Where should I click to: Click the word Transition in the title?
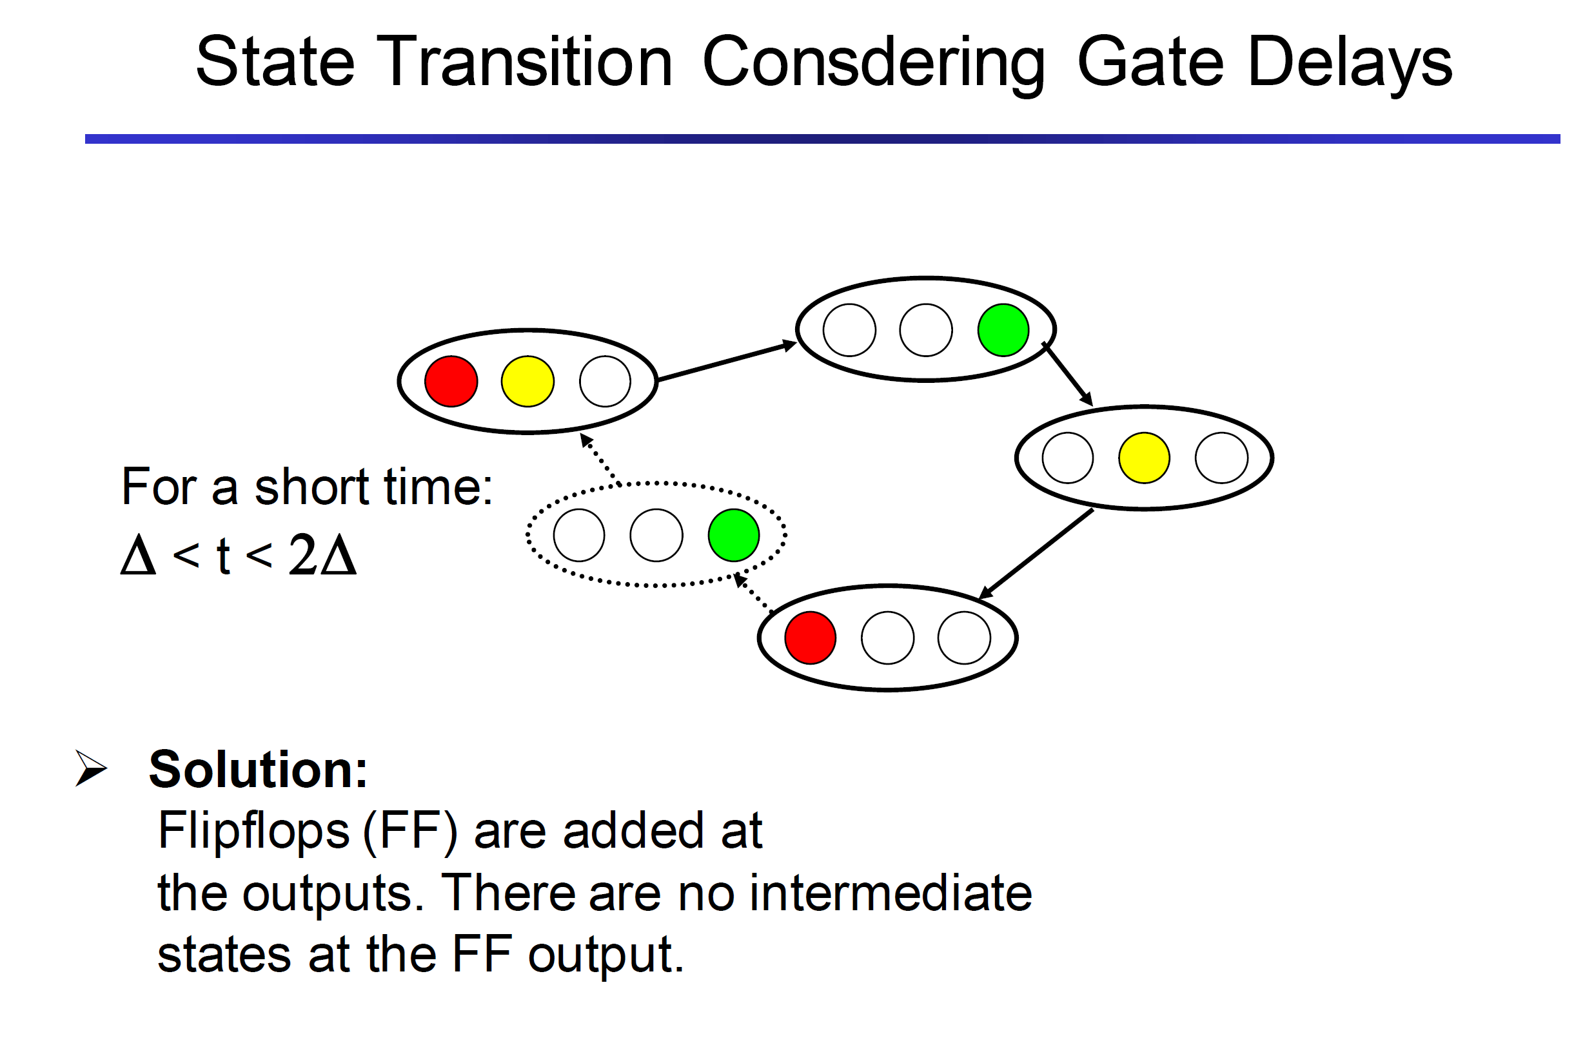tap(528, 63)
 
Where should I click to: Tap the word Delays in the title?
tap(1348, 63)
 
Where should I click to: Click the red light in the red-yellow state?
tap(451, 381)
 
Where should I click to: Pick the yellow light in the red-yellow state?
tap(527, 381)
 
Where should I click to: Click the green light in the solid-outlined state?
tap(1003, 330)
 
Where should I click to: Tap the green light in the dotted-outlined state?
tap(734, 535)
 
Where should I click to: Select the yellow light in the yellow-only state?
tap(1144, 458)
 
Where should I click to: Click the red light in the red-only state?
tap(810, 638)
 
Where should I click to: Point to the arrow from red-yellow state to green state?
tap(726, 362)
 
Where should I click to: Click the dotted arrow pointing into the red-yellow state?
tap(599, 459)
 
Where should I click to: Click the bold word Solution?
tap(258, 770)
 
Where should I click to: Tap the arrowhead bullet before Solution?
tap(91, 768)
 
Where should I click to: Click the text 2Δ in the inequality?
tap(322, 554)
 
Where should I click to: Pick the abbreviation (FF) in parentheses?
tap(410, 831)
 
